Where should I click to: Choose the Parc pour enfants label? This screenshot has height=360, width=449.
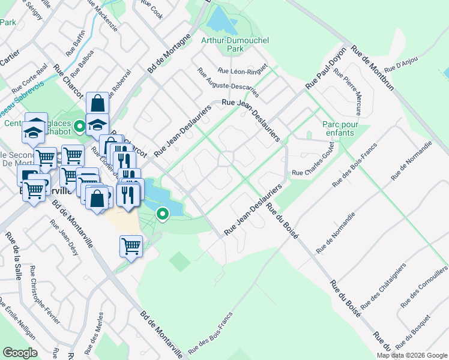(x=340, y=127)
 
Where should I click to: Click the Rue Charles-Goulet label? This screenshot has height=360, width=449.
(x=313, y=173)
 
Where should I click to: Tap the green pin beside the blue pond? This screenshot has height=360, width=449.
(x=162, y=213)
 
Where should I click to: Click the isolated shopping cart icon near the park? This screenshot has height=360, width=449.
(x=131, y=245)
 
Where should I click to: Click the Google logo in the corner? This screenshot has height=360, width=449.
(x=20, y=352)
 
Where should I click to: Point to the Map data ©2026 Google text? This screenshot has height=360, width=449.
(x=412, y=355)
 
